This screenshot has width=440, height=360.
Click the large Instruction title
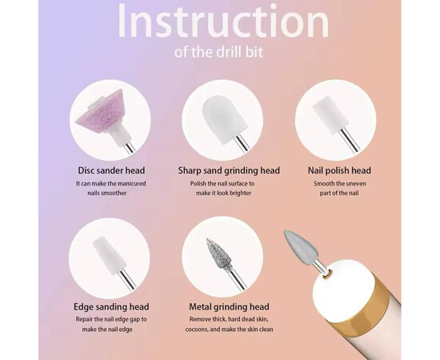point(223,21)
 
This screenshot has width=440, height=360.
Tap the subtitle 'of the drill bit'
point(218,52)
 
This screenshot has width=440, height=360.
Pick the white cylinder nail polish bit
point(330,114)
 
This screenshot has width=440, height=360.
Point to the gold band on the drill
point(368,308)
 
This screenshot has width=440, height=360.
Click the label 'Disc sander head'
point(111,170)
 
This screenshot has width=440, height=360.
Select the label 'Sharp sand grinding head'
point(229,170)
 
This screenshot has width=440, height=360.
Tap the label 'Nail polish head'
point(339,170)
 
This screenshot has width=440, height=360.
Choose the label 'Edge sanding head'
point(111,306)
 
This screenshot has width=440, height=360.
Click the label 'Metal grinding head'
point(229,306)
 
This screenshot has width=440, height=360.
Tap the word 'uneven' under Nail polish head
point(355,183)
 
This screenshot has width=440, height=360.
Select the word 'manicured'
point(132,183)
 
